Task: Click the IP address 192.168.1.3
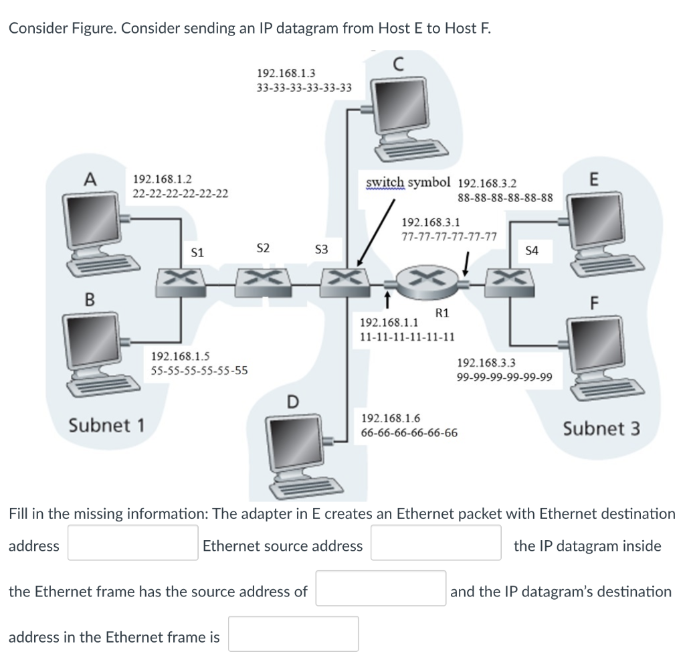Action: click(x=286, y=72)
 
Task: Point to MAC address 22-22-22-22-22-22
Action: click(x=181, y=194)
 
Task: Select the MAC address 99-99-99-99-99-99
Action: click(x=504, y=378)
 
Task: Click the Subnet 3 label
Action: click(x=601, y=428)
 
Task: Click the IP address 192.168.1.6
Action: click(x=391, y=418)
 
